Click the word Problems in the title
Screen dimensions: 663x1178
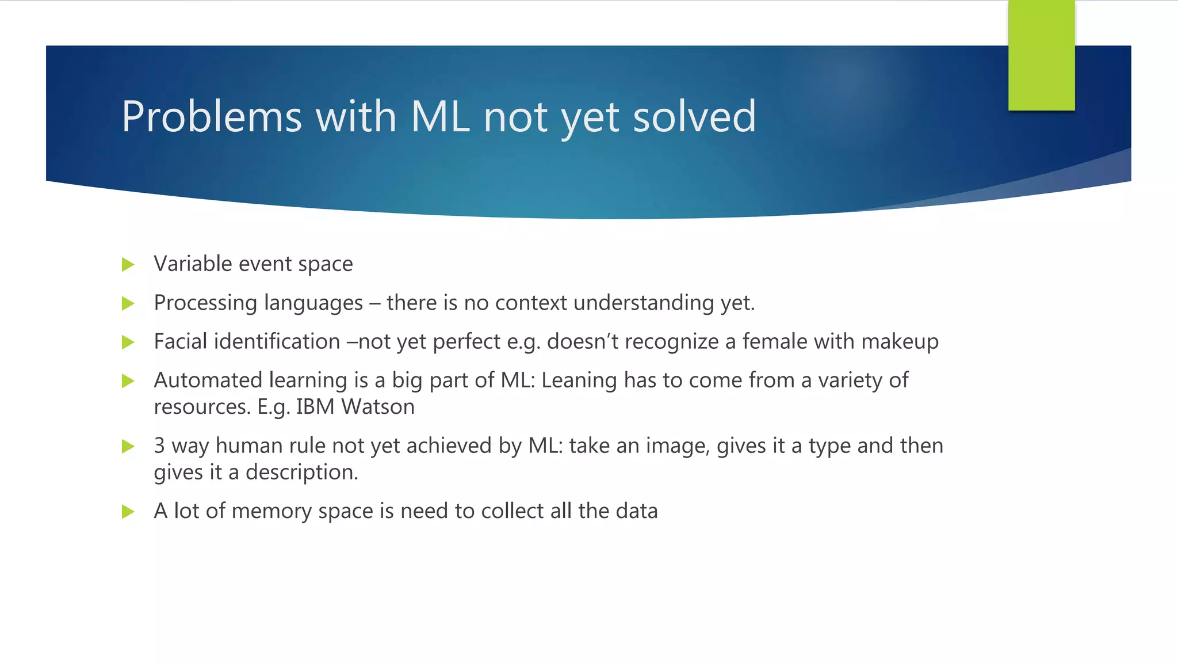point(211,117)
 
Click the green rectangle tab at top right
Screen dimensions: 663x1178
point(1041,56)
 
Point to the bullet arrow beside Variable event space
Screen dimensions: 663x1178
point(128,265)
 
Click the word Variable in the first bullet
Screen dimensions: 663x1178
point(192,264)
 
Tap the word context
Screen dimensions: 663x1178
point(530,303)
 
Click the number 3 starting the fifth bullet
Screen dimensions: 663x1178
point(159,446)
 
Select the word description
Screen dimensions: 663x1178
point(301,473)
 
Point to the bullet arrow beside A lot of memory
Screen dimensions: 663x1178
point(128,512)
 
